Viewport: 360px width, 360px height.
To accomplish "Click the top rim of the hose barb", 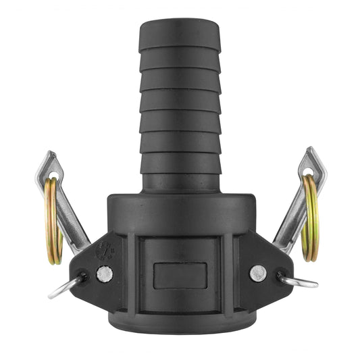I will tap(180, 22).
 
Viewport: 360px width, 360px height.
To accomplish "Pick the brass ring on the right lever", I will tap(310, 216).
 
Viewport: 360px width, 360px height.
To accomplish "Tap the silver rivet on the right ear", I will tap(257, 273).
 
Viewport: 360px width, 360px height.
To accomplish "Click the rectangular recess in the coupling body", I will tap(180, 276).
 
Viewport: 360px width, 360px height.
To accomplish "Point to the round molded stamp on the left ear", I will tap(105, 251).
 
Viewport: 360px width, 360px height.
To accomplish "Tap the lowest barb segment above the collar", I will tap(180, 181).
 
